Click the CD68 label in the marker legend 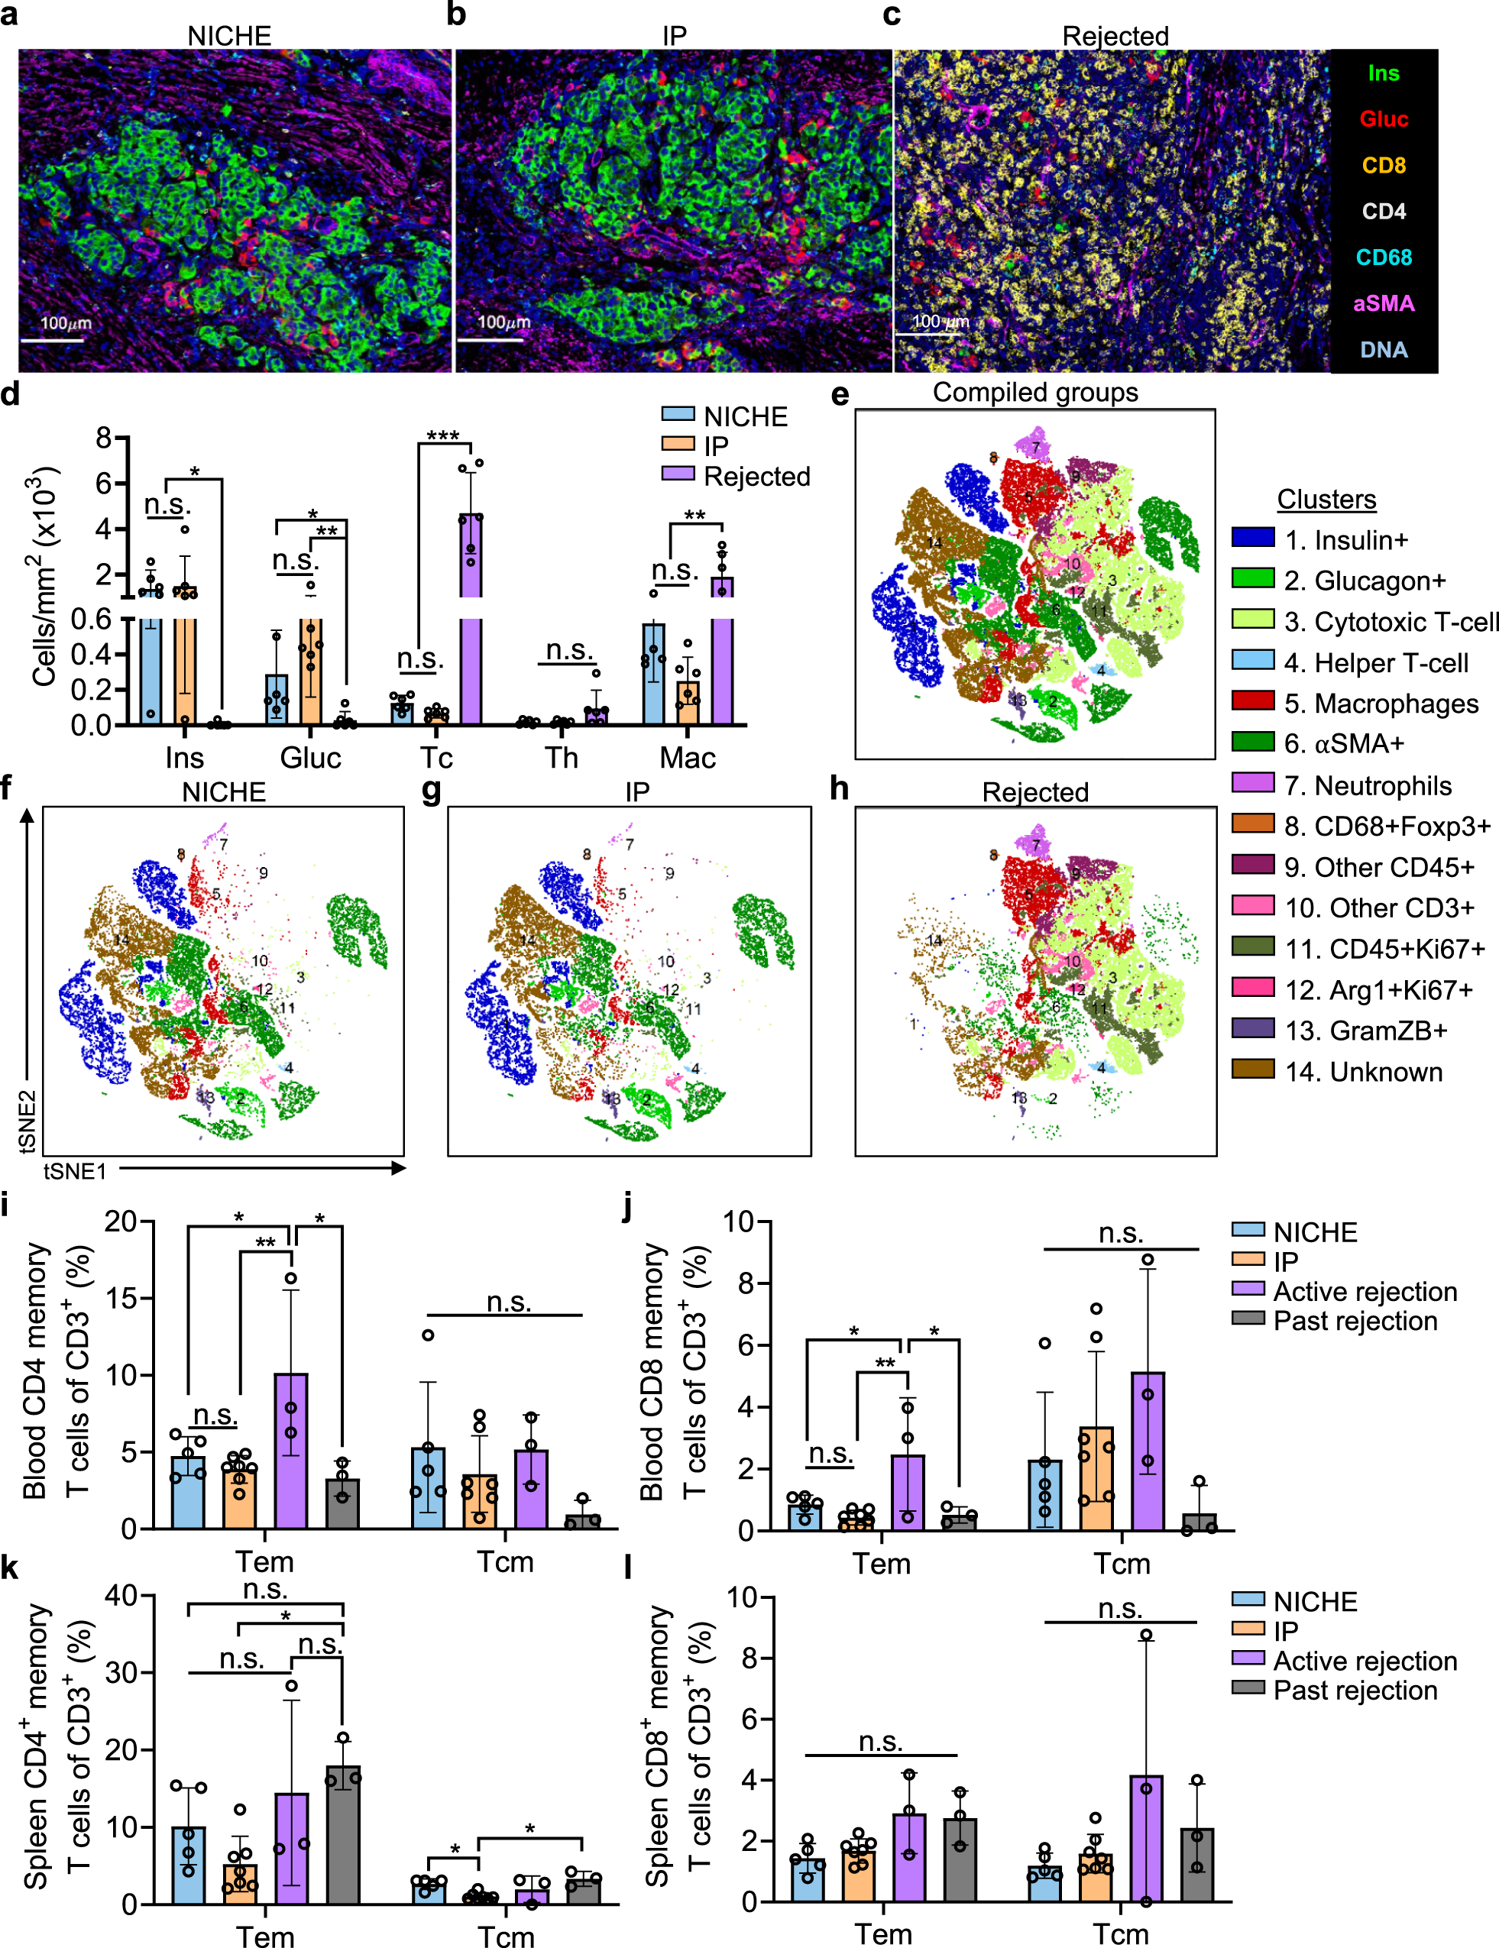pos(1383,257)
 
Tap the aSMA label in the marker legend pos(1383,304)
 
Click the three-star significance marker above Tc pos(442,436)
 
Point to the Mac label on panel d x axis pos(687,758)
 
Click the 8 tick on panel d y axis pos(105,437)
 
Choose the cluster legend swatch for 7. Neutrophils pos(1253,784)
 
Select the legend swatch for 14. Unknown pos(1253,1069)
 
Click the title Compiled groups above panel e pos(1035,393)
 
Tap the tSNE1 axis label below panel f pos(75,1171)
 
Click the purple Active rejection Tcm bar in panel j pos(1148,1451)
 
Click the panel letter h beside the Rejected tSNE pos(840,789)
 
